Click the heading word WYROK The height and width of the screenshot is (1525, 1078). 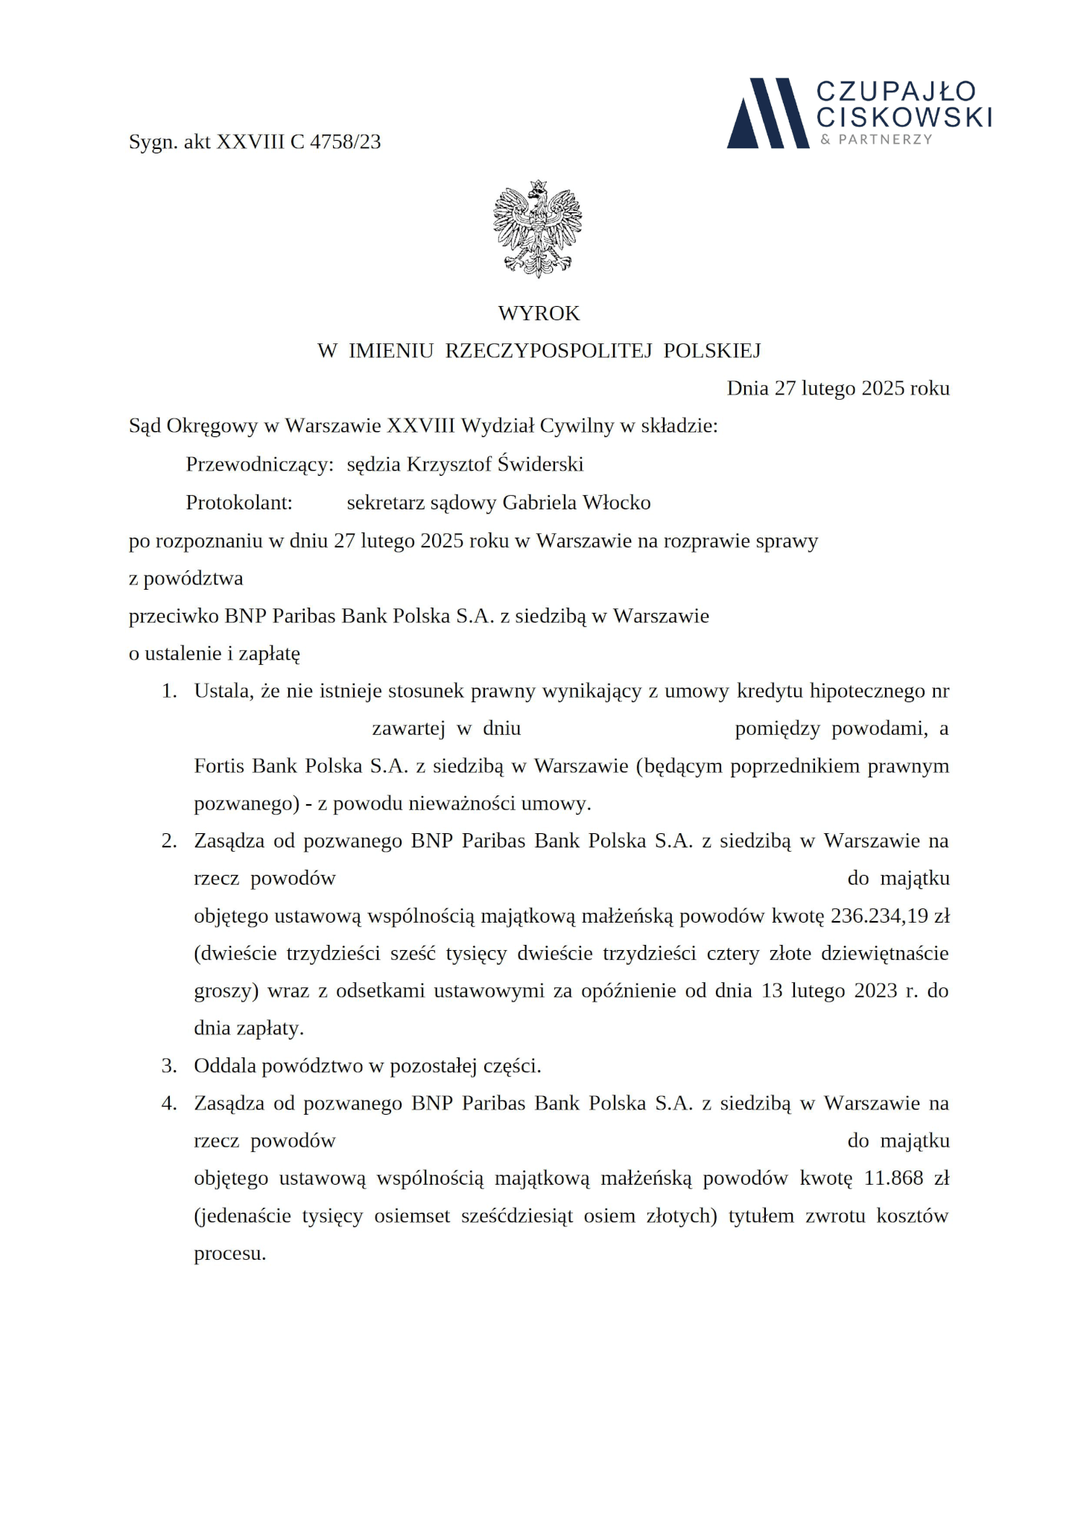539,313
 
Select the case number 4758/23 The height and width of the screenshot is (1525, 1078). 345,141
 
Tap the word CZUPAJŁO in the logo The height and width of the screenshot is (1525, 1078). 895,92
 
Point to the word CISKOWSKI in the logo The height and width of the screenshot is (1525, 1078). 904,116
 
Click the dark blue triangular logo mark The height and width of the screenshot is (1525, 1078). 767,113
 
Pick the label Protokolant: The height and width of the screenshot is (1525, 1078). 239,503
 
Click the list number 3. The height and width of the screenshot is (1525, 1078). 169,1066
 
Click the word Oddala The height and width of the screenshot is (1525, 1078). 222,1066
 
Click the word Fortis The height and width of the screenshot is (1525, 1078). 219,765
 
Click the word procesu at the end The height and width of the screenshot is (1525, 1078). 229,1253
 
